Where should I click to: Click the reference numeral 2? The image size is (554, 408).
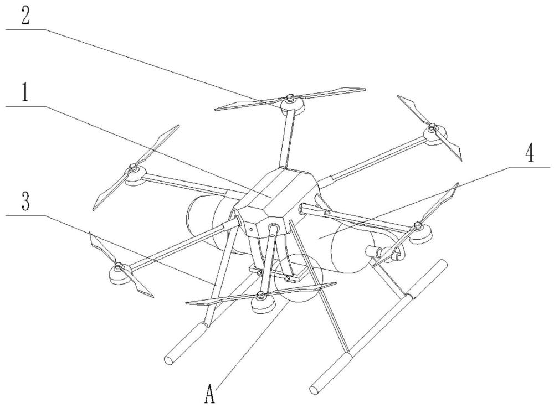click(25, 13)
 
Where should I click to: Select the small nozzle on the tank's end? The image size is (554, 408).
click(372, 251)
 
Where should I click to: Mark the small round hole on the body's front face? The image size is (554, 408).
click(250, 229)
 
